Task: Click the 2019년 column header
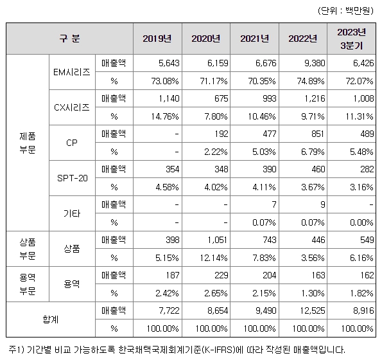pyautogui.click(x=157, y=39)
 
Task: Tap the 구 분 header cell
pyautogui.click(x=69, y=39)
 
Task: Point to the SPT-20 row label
pyautogui.click(x=72, y=177)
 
